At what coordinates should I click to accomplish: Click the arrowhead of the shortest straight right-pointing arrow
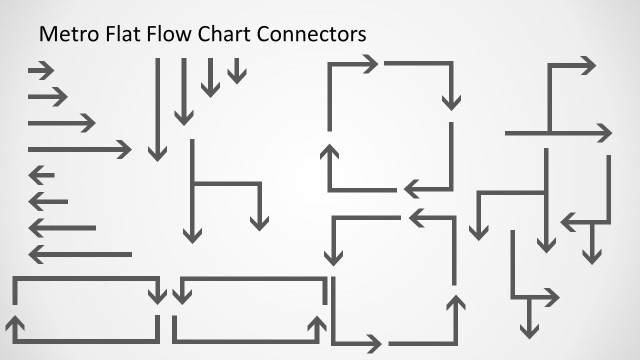48,70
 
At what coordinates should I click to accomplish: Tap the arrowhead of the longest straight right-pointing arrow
124,150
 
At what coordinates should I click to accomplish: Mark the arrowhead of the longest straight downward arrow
157,152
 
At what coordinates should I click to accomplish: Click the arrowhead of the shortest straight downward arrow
236,76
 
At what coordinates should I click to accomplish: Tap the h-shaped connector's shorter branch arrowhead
260,221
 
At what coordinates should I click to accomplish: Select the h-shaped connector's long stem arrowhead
192,235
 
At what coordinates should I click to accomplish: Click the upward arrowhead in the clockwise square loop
328,152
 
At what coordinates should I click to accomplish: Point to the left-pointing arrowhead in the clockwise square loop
411,189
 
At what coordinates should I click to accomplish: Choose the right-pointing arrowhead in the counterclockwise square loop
373,343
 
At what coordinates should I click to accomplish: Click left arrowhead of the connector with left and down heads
569,221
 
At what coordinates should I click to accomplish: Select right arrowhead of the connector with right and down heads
551,297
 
